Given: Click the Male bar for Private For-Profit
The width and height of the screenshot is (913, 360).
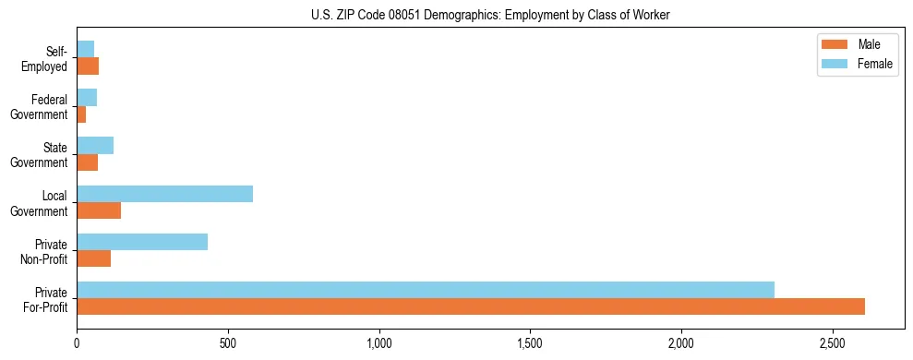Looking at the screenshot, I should pyautogui.click(x=471, y=306).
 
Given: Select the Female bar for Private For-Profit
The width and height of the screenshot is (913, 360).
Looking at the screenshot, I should pyautogui.click(x=426, y=290).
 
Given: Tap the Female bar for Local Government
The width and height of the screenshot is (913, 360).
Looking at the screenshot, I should pyautogui.click(x=164, y=194).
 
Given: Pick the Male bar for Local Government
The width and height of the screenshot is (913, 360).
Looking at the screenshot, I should pyautogui.click(x=99, y=210).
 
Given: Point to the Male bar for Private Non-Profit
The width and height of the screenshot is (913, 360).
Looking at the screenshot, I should pyautogui.click(x=93, y=258).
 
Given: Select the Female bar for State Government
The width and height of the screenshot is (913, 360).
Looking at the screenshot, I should pyautogui.click(x=95, y=146).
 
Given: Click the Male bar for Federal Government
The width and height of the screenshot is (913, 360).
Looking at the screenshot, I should pyautogui.click(x=81, y=114).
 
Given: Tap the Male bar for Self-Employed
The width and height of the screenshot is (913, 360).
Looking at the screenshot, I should pyautogui.click(x=88, y=66).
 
